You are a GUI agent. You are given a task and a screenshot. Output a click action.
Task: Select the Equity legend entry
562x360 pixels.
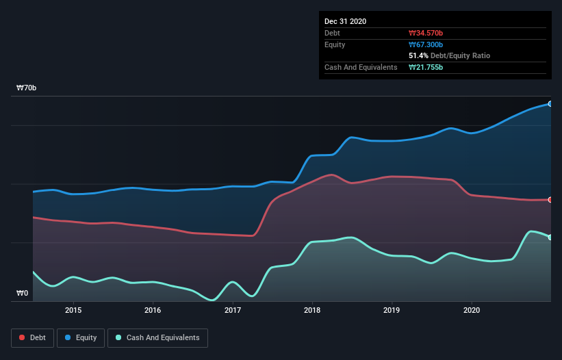[80, 337]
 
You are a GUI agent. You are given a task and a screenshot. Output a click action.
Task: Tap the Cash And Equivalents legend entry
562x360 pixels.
[157, 337]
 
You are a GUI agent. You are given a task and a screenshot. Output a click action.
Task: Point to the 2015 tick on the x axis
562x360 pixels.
[73, 309]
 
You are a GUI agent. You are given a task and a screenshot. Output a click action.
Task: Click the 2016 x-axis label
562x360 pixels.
[153, 309]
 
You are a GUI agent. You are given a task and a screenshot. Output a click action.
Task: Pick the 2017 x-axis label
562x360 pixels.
[233, 309]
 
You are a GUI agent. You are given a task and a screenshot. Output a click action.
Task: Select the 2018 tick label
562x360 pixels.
[312, 309]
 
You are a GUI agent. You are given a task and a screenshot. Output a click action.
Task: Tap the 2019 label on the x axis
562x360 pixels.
[392, 309]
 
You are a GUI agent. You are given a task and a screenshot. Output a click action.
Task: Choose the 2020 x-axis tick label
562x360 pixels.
[472, 309]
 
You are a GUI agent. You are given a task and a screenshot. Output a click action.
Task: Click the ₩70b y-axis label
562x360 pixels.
[27, 88]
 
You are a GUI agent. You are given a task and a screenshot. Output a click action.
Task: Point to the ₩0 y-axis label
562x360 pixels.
[23, 293]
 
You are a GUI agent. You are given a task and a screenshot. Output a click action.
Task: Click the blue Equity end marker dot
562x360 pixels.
[550, 104]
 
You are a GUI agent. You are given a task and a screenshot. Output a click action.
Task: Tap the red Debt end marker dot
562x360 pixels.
[550, 200]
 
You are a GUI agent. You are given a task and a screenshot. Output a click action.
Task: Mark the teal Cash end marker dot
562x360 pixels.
[550, 237]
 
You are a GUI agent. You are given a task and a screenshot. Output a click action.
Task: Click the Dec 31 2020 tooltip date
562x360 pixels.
[346, 21]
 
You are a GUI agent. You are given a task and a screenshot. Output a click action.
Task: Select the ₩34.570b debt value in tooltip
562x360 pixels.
[427, 33]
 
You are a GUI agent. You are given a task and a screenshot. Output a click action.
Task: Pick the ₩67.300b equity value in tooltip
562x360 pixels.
[427, 44]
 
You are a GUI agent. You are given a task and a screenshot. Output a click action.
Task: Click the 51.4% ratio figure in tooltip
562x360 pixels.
[418, 55]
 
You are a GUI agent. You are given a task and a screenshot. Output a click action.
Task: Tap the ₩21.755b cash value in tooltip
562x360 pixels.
[427, 67]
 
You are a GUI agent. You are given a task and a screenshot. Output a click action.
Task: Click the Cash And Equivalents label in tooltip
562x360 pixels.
[361, 67]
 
